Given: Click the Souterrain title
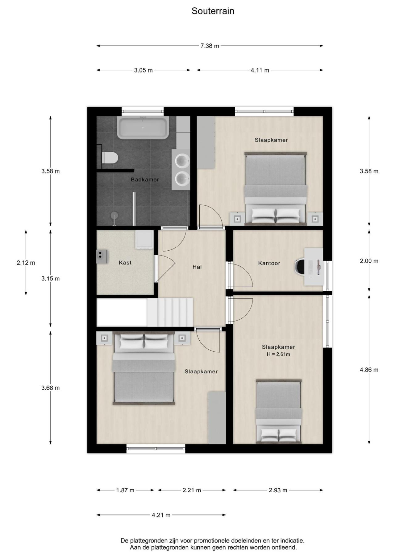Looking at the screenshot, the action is click(x=213, y=11).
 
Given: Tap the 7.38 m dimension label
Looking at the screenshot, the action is click(x=210, y=46).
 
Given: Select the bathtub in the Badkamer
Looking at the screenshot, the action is click(x=143, y=128).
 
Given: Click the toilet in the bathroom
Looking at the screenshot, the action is click(x=110, y=158).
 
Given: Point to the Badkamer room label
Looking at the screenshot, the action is click(x=145, y=179).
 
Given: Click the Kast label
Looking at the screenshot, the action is click(x=125, y=263).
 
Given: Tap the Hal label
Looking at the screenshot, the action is click(x=197, y=267).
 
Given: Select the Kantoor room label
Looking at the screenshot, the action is click(x=269, y=263).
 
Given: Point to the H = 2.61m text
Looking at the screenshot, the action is click(x=278, y=354).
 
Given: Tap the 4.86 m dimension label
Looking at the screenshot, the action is click(x=369, y=370).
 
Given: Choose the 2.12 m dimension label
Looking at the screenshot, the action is click(x=26, y=263).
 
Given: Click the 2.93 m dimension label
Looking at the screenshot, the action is click(x=278, y=490).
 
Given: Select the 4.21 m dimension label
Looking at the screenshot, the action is click(x=161, y=515).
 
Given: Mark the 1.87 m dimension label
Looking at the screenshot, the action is click(x=125, y=490).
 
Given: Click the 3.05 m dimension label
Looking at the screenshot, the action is click(x=143, y=70).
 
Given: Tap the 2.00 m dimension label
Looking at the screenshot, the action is click(x=369, y=261).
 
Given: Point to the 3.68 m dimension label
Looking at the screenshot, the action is click(x=51, y=388).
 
